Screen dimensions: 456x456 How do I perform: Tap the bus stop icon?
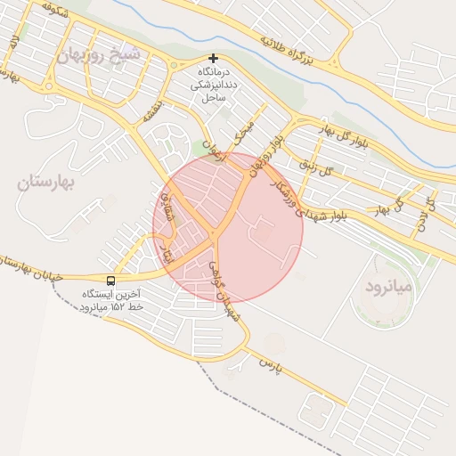point(110,280)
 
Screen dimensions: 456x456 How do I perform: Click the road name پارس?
point(269,365)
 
